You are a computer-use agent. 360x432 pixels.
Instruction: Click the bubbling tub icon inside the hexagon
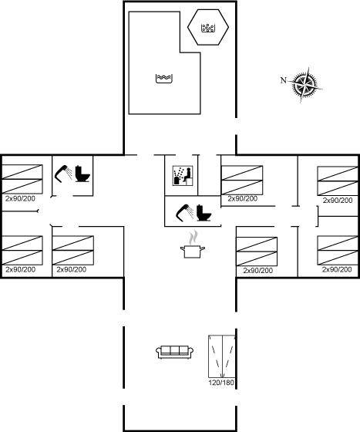[208, 28]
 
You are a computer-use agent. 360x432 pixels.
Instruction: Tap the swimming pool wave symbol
[164, 78]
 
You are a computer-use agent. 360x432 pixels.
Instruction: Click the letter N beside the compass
[283, 80]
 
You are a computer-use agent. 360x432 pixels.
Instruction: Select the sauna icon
[183, 176]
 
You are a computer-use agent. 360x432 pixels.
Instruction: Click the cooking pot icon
[193, 251]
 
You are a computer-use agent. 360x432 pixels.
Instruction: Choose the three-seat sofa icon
[174, 352]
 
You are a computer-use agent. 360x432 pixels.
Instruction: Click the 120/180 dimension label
[221, 383]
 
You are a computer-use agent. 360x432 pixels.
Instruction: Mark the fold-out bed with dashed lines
[222, 356]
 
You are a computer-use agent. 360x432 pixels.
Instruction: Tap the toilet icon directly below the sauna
[204, 213]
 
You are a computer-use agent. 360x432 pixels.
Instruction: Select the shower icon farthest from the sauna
[63, 174]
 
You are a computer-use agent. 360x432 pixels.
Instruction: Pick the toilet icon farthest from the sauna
[82, 174]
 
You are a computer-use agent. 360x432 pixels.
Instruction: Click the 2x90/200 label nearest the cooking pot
[258, 271]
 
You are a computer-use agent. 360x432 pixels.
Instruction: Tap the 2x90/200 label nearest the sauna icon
[243, 199]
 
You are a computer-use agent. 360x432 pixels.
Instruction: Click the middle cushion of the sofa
[174, 350]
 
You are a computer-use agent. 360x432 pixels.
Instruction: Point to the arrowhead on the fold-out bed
[222, 375]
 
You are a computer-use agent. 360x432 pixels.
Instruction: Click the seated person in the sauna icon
[187, 174]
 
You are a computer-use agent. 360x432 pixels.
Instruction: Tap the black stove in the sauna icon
[177, 181]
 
